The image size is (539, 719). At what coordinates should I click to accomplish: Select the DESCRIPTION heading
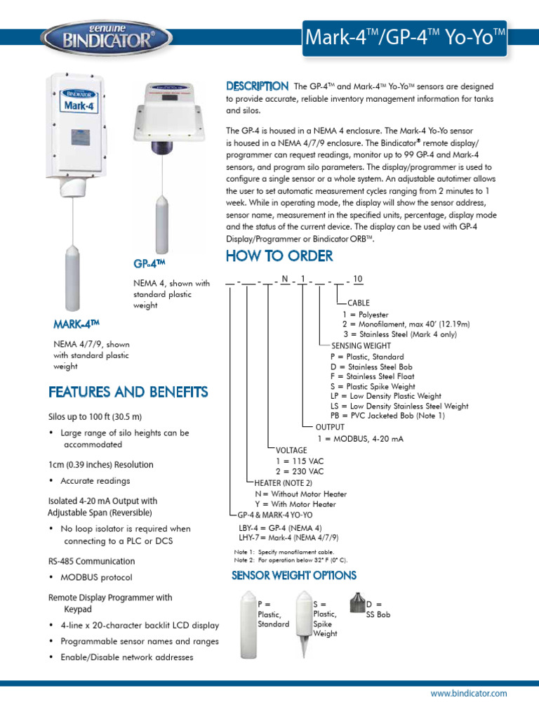click(257, 86)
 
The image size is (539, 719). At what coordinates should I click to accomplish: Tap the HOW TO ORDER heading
click(279, 256)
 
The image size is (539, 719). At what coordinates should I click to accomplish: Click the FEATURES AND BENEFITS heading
click(128, 391)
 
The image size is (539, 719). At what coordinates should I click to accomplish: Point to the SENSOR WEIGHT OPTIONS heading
click(294, 575)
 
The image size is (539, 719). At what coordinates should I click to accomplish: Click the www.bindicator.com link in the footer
click(469, 693)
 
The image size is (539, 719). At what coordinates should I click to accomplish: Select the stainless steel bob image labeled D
click(357, 605)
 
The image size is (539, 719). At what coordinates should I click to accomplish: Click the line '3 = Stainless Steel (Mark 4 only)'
click(400, 334)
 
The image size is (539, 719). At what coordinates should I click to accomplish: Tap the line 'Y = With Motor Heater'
click(295, 504)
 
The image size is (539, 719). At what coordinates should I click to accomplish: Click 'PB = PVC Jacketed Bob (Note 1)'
click(387, 416)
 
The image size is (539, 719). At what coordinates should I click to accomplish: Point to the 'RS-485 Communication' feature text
click(91, 562)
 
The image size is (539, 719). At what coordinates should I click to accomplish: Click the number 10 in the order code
click(358, 279)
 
